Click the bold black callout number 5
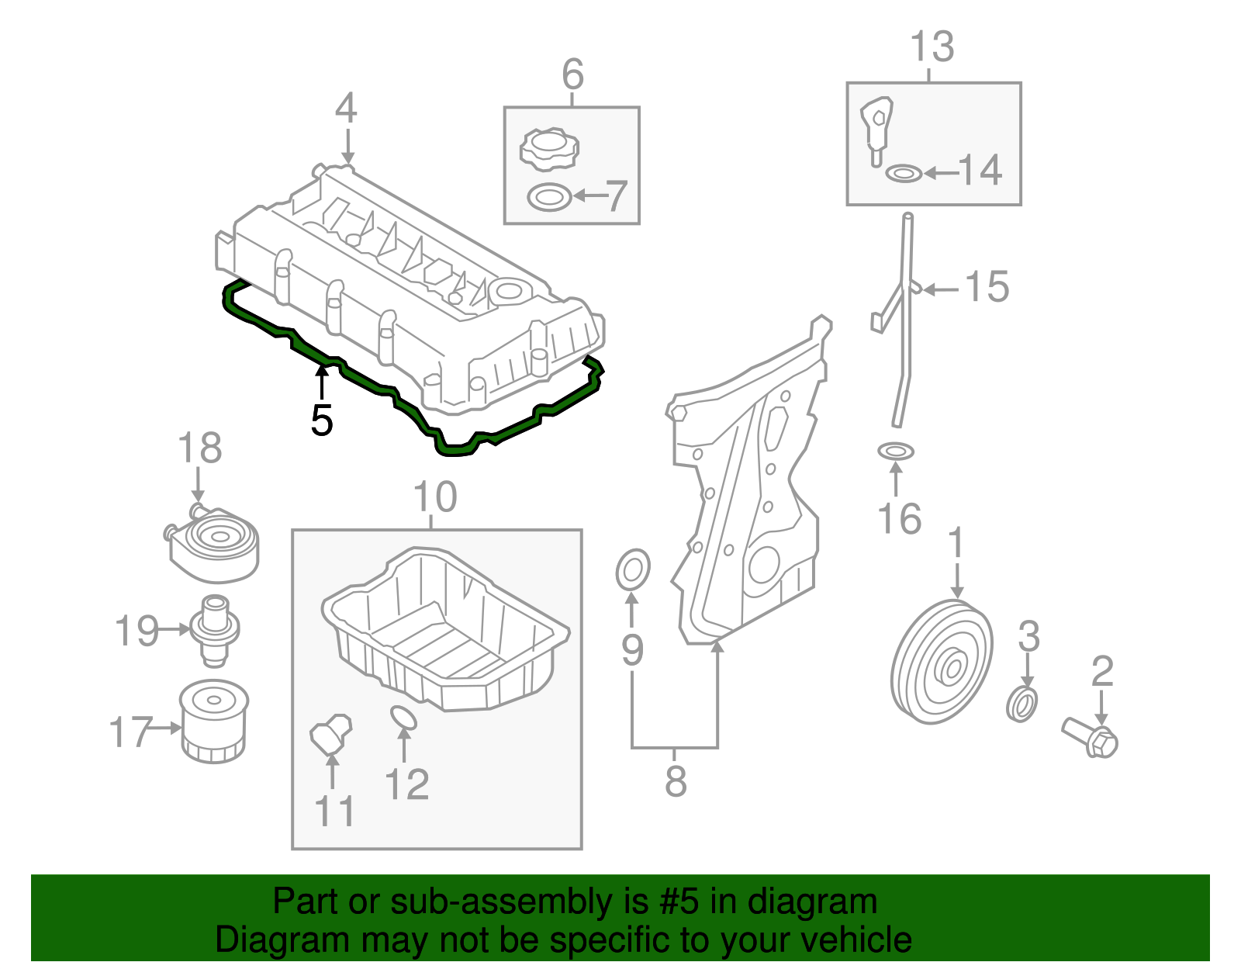[321, 421]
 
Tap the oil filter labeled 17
[213, 722]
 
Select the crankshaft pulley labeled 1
[942, 662]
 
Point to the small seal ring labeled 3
[1022, 703]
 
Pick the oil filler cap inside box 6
[550, 149]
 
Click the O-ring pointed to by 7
[549, 197]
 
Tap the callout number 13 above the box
[932, 47]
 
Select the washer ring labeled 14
[904, 173]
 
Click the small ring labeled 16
[896, 450]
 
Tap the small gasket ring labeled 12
[403, 718]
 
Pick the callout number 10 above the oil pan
[435, 497]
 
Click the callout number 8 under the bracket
[676, 781]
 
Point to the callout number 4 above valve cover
[346, 109]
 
